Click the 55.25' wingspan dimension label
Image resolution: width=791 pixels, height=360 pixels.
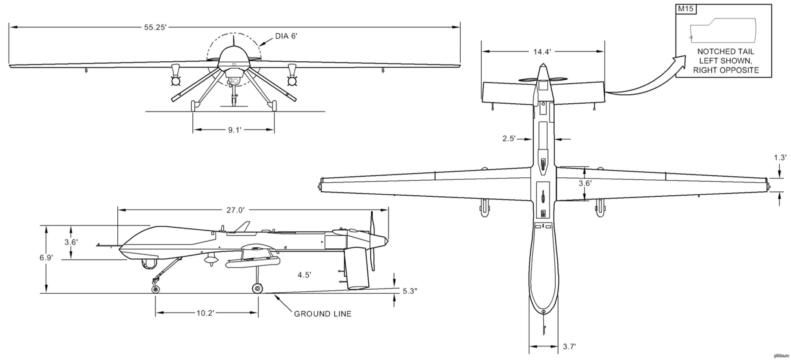click(x=155, y=27)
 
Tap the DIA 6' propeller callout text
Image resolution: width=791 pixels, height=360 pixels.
click(x=286, y=36)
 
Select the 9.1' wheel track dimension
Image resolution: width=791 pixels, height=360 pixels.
click(x=235, y=130)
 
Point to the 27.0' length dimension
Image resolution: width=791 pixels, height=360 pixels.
click(x=236, y=210)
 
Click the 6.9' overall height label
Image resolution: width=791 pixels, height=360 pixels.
click(x=46, y=258)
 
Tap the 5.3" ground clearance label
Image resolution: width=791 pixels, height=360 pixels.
click(x=410, y=291)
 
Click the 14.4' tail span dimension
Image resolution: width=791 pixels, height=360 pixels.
click(x=542, y=52)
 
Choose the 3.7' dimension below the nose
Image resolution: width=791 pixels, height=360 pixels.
click(x=569, y=347)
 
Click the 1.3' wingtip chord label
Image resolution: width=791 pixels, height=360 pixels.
click(x=780, y=158)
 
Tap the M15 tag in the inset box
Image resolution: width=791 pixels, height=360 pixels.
click(x=685, y=9)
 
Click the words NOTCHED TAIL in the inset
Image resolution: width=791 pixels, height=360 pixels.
click(x=725, y=52)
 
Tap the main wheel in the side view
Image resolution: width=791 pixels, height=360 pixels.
click(x=257, y=289)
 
